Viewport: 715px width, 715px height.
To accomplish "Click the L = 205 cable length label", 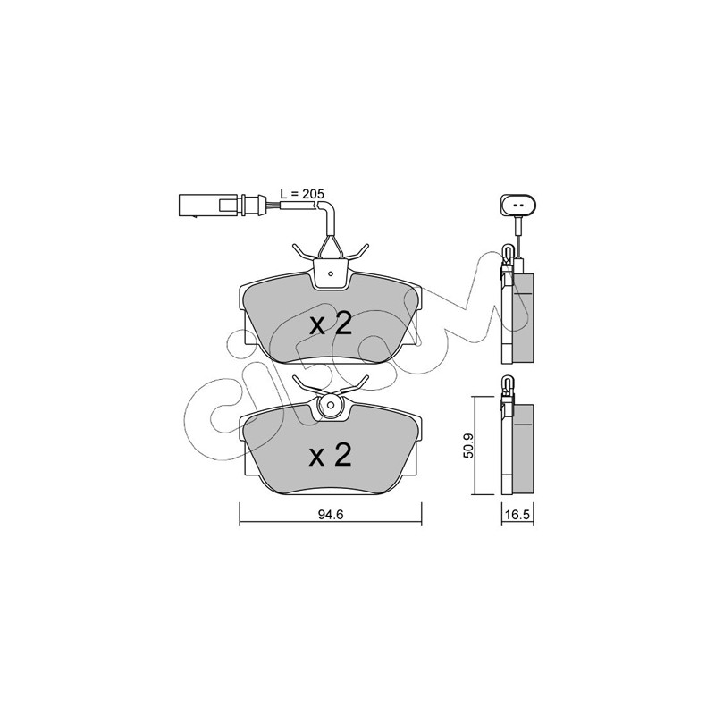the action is (301, 193).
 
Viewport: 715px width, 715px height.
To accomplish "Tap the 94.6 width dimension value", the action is (330, 515).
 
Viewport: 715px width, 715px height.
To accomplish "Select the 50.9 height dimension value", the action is (470, 445).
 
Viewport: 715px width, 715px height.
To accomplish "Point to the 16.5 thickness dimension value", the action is (517, 515).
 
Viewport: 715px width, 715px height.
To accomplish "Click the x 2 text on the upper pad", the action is (331, 324).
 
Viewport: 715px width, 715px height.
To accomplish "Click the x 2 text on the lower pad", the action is (331, 456).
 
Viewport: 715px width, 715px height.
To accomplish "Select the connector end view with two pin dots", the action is (518, 205).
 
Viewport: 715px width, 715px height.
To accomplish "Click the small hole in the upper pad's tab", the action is (332, 274).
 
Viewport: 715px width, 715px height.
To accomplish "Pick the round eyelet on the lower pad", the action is (331, 405).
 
